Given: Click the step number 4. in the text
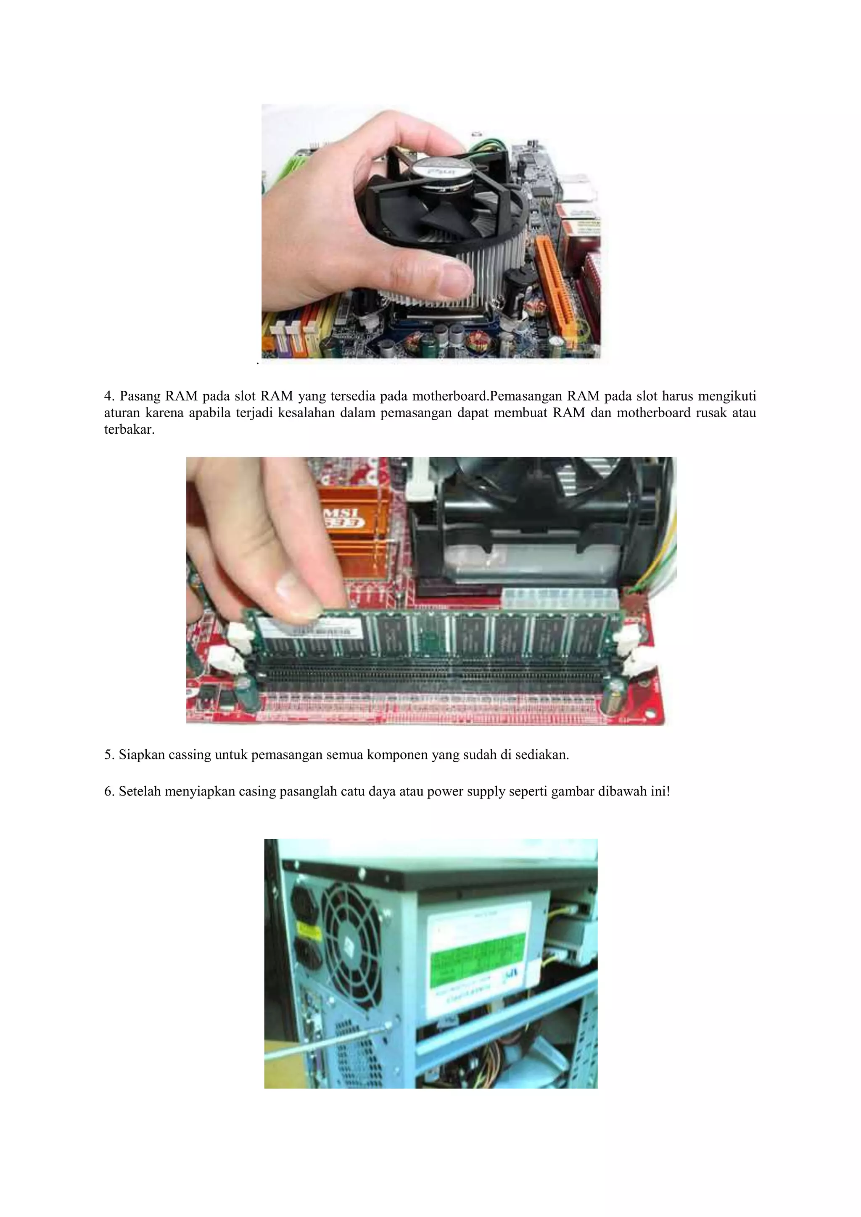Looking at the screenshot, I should click(109, 396).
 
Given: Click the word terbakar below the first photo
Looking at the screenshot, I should click(128, 429).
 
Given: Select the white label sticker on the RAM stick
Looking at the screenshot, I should click(313, 631).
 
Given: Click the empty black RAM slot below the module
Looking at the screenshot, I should click(432, 674).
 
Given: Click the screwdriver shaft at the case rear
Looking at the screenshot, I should click(323, 1043).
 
